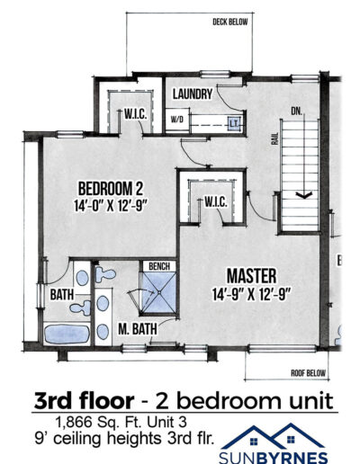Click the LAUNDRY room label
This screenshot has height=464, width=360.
tap(193, 94)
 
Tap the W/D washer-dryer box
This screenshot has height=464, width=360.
tap(177, 120)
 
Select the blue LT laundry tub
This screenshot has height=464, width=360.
tap(234, 123)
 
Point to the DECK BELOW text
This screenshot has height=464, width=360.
tap(230, 22)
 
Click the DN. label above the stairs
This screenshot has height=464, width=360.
tap(296, 112)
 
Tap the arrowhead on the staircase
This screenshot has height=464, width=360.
tap(304, 195)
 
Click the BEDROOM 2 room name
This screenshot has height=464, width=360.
tap(111, 189)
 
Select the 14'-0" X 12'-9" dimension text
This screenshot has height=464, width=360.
tap(111, 206)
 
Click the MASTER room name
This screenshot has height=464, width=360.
tap(251, 276)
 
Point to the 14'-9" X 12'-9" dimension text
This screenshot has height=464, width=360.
tap(251, 294)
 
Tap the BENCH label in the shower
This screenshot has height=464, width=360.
tap(159, 266)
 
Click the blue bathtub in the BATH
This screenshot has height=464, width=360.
tap(67, 334)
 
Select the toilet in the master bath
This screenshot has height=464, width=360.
tap(105, 274)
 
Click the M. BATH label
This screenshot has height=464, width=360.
tap(138, 329)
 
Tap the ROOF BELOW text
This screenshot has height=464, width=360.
tap(308, 373)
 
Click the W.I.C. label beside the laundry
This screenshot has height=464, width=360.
tap(136, 114)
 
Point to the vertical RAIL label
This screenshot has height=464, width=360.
tap(275, 138)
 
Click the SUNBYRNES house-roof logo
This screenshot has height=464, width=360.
tap(273, 437)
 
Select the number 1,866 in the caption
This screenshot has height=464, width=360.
tap(74, 422)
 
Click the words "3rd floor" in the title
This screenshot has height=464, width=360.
tap(84, 401)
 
